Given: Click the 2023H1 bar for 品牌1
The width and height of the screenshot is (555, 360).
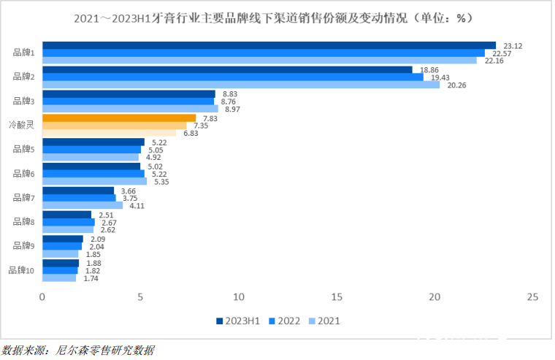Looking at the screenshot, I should (269, 45).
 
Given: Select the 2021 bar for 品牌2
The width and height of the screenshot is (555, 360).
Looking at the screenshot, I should (241, 85).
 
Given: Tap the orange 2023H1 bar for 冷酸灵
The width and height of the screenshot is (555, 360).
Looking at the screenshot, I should (119, 118).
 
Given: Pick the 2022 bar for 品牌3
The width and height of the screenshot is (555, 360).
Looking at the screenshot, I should (129, 102).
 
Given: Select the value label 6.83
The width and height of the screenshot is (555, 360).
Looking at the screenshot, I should (191, 133).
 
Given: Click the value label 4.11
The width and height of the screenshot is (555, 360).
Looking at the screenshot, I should (138, 206).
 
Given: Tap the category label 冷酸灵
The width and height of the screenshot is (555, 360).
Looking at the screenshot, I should (21, 125).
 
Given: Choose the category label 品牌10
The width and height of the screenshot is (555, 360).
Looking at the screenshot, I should (21, 270).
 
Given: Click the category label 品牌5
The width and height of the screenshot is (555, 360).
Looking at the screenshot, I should (23, 149).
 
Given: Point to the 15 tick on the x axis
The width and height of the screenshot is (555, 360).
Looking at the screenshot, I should (336, 297).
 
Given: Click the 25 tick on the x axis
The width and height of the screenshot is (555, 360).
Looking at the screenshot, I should (532, 297).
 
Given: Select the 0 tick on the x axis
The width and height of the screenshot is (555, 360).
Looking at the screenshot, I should (42, 297).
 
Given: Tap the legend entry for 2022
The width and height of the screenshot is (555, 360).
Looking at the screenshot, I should (284, 320).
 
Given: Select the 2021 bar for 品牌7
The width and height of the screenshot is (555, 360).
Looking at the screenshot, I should (83, 206).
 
